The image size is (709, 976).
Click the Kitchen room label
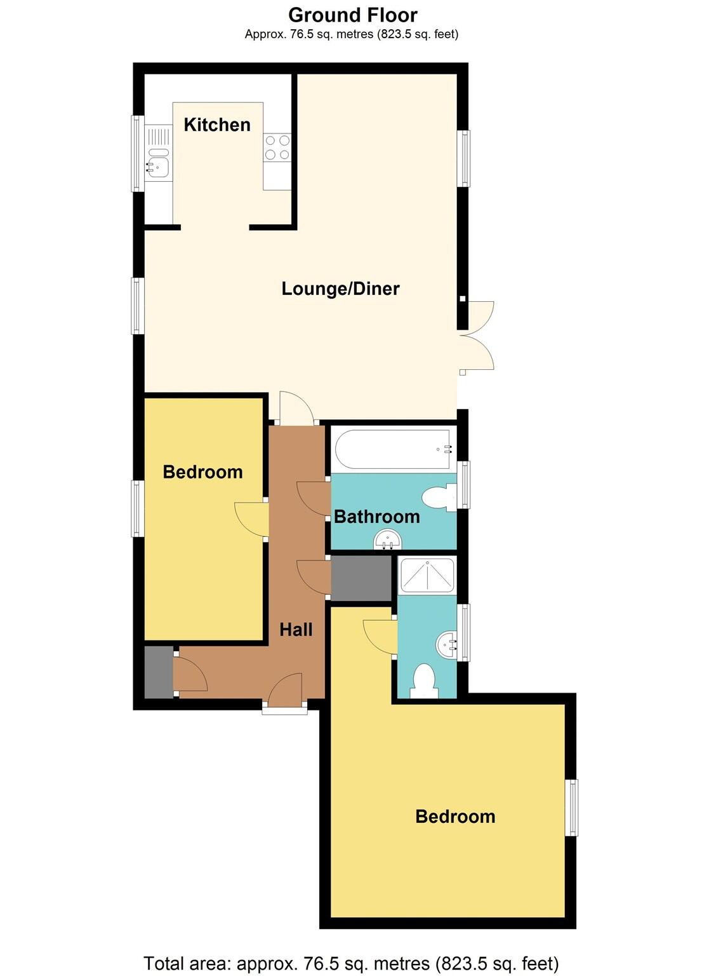pyautogui.click(x=217, y=125)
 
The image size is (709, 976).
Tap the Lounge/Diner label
pyautogui.click(x=340, y=289)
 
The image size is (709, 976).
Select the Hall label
pyautogui.click(x=296, y=630)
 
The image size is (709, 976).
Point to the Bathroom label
pyautogui.click(x=376, y=517)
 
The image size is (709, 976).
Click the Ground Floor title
pyautogui.click(x=353, y=15)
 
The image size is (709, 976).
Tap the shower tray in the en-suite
pyautogui.click(x=426, y=576)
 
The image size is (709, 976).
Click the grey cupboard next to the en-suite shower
pyautogui.click(x=361, y=578)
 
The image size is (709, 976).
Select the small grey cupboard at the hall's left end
pyautogui.click(x=158, y=672)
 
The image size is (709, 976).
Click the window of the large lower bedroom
pyautogui.click(x=572, y=807)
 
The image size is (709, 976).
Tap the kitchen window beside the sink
pyautogui.click(x=136, y=153)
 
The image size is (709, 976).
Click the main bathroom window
pyautogui.click(x=464, y=485)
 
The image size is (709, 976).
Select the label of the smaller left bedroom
pyautogui.click(x=202, y=472)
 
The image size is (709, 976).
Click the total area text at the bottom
pyautogui.click(x=351, y=963)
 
